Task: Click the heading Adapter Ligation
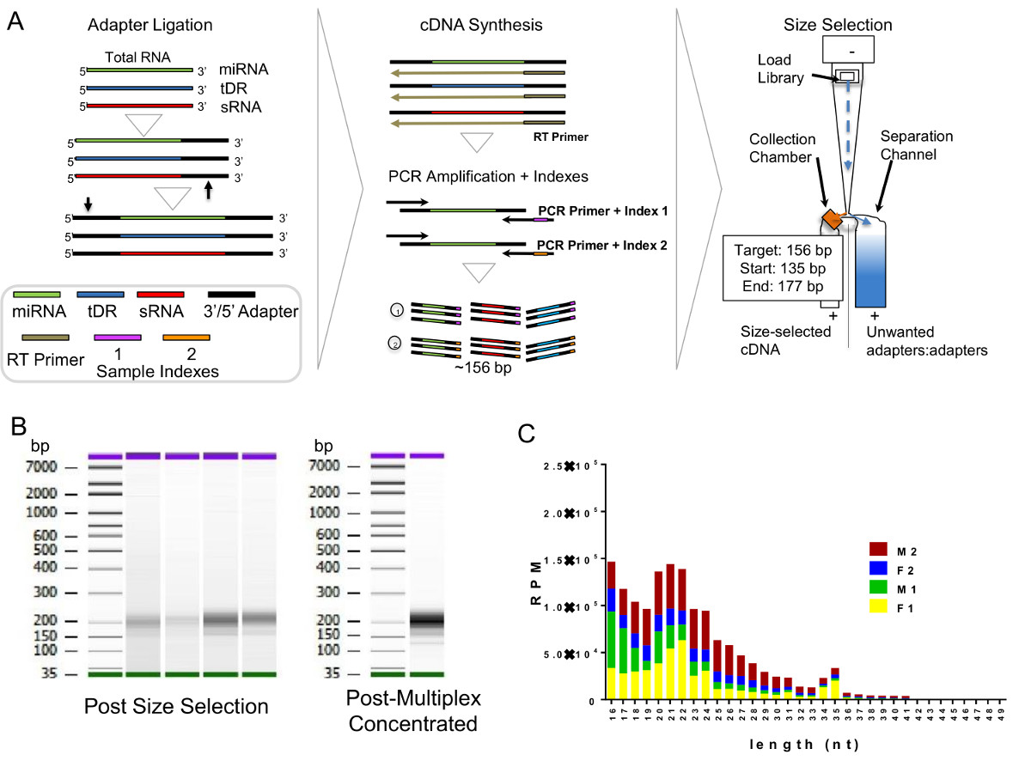pos(137,25)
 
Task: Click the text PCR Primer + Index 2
pos(593,245)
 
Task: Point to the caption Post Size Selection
pos(175,706)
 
